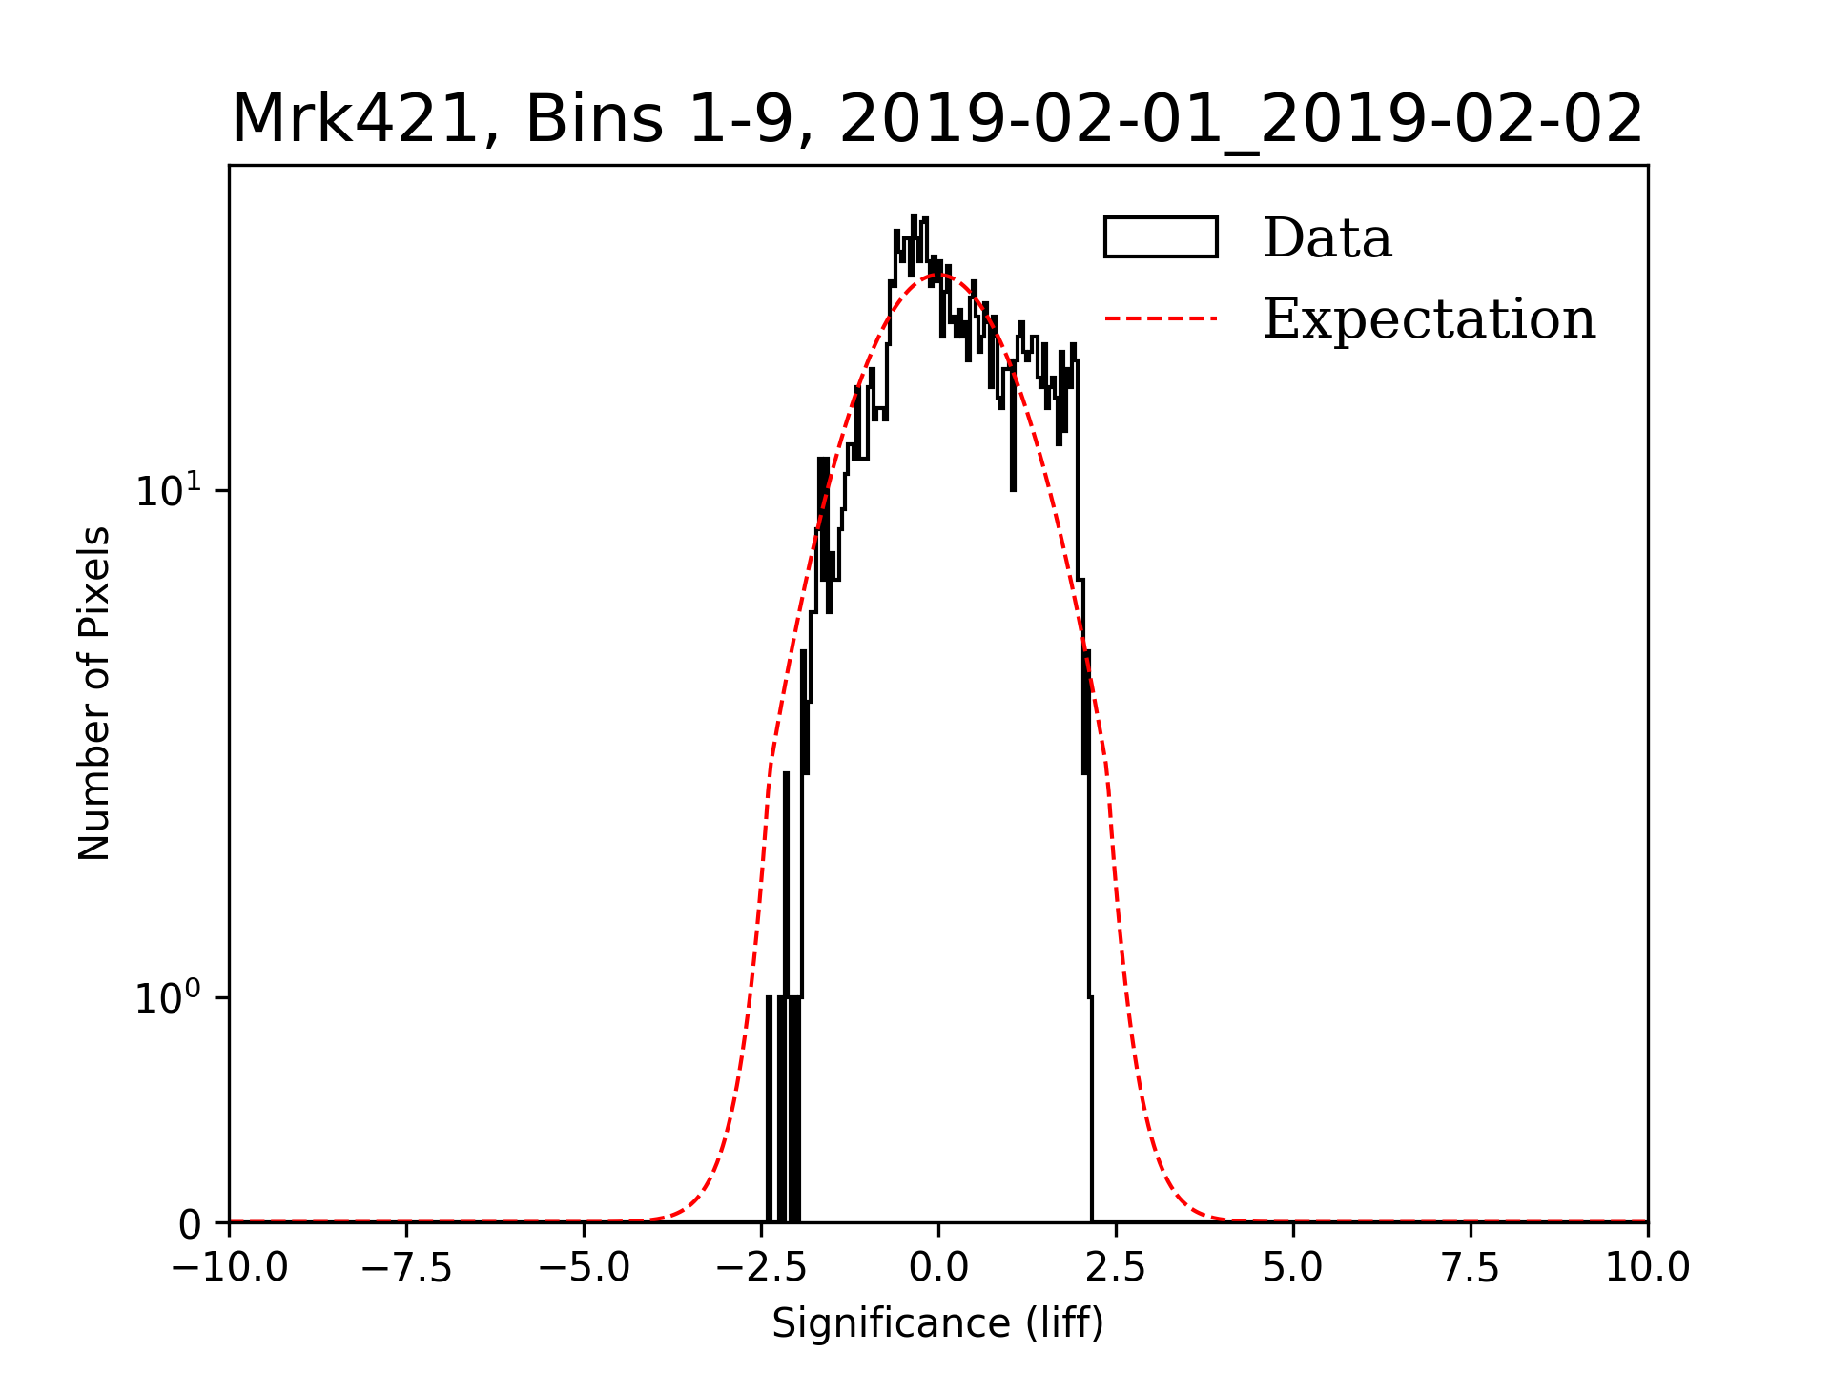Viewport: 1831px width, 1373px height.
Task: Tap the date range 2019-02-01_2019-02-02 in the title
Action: [x=1241, y=120]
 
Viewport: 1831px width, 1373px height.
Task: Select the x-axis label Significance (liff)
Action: [x=937, y=1323]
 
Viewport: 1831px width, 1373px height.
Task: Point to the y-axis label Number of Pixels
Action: [x=94, y=693]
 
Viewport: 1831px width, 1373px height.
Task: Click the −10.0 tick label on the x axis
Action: [x=229, y=1268]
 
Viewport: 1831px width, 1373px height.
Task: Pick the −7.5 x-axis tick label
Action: [x=406, y=1268]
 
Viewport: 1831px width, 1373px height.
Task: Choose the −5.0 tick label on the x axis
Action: [x=584, y=1268]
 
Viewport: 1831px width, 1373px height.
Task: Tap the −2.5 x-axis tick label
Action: [x=761, y=1268]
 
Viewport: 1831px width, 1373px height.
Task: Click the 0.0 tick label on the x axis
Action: [x=938, y=1268]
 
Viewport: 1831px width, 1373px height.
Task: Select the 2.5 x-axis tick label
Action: [x=1116, y=1268]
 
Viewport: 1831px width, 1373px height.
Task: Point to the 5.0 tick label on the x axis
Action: [x=1293, y=1268]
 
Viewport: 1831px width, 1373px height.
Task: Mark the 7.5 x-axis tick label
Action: [x=1471, y=1268]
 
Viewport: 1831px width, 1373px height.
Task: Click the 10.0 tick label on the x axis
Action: [x=1647, y=1268]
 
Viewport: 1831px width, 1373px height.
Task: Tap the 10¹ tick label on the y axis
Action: [x=169, y=490]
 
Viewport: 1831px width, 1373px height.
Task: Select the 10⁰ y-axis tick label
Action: [x=169, y=997]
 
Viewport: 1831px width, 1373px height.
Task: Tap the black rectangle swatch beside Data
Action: [x=1161, y=237]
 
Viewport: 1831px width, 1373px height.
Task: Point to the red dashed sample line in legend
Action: [x=1161, y=318]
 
